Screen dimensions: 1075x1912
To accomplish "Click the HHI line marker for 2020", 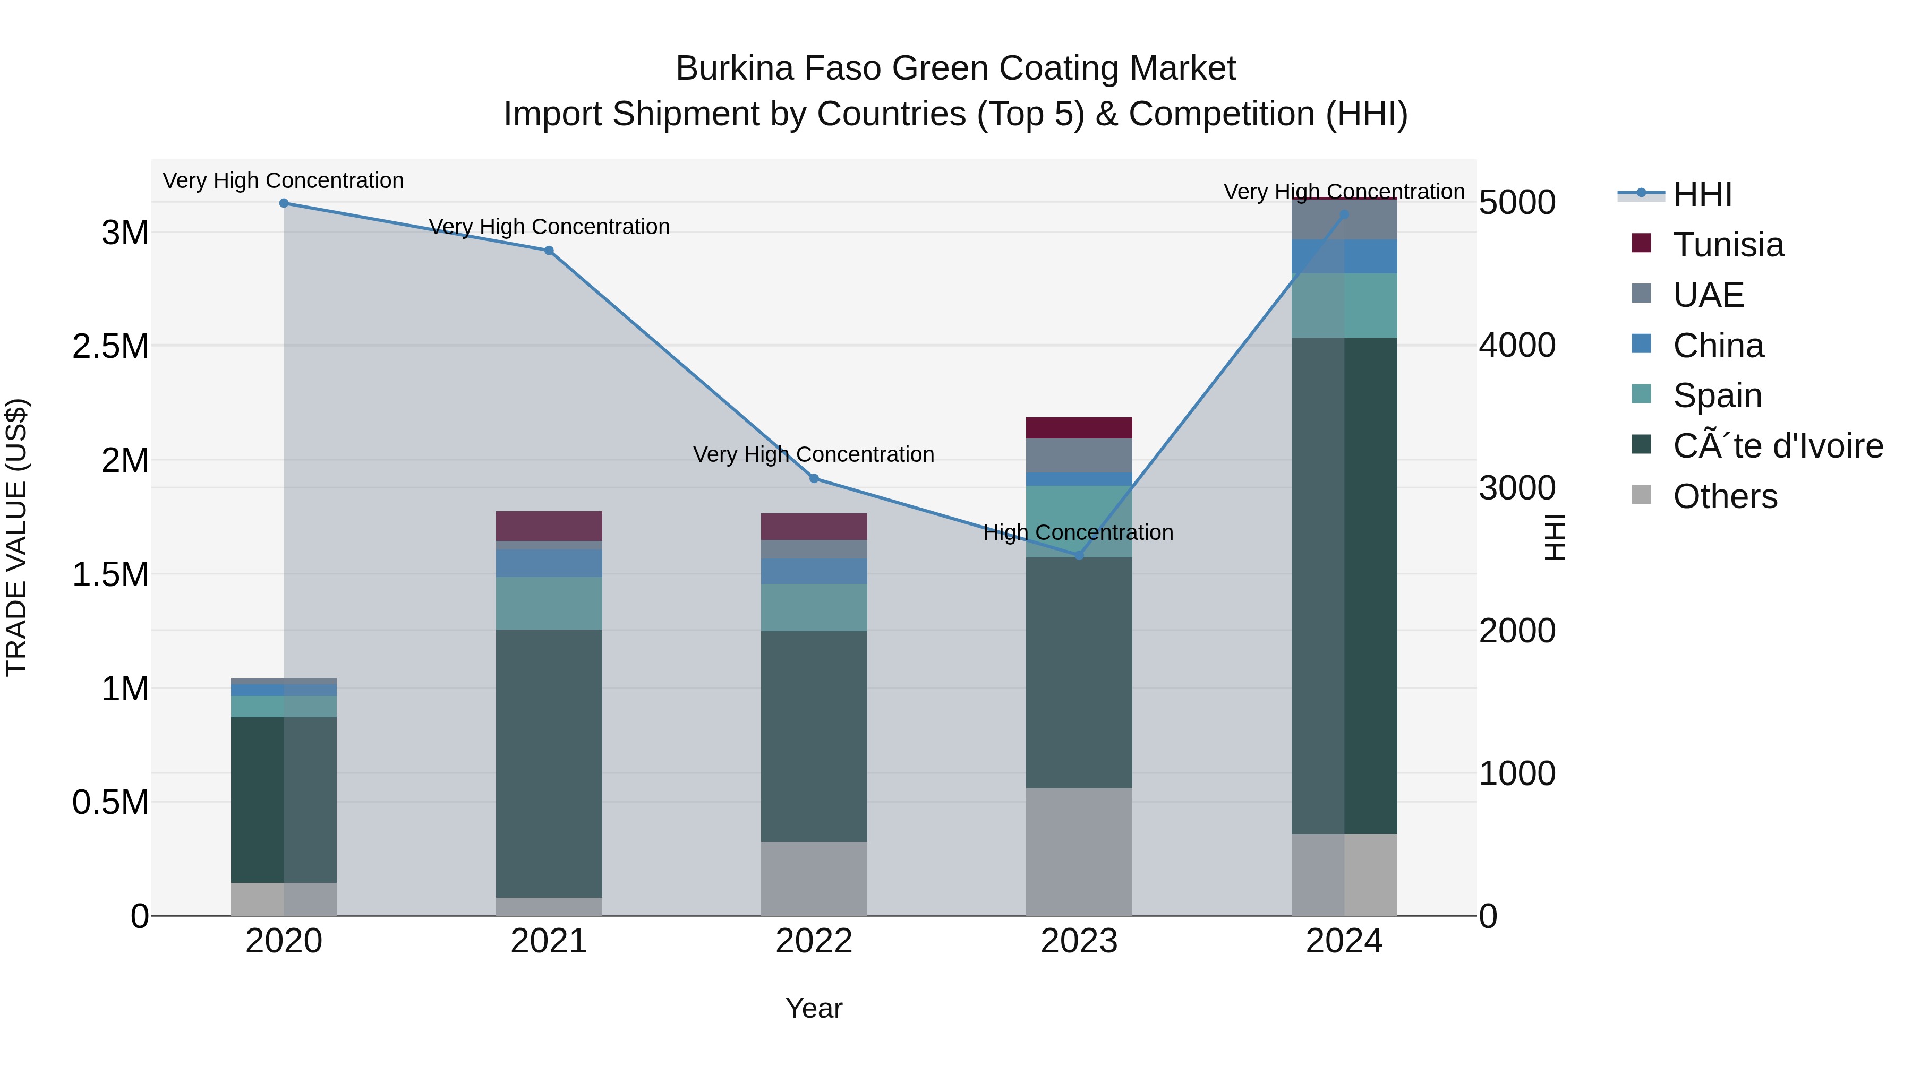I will (x=284, y=203).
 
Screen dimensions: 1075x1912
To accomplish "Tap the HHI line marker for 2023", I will (x=1079, y=556).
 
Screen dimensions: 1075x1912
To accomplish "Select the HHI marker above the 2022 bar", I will (x=814, y=478).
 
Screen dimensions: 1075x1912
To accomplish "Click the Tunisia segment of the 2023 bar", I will (x=1079, y=428).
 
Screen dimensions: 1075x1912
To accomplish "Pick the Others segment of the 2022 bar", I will (x=814, y=879).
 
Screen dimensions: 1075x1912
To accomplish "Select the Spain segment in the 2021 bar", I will (x=549, y=603).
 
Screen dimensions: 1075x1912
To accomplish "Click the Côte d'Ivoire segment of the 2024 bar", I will (x=1344, y=586).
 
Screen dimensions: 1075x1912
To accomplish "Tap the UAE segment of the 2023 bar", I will (x=1079, y=455).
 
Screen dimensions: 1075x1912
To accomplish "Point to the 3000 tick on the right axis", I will (x=1517, y=488).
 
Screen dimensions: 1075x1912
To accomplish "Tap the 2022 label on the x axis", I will (x=814, y=941).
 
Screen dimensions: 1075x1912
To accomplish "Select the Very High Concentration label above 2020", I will (x=284, y=181).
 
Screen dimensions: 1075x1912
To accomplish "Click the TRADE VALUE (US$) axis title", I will (x=16, y=537).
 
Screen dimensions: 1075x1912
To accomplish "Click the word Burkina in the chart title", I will (x=735, y=69).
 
